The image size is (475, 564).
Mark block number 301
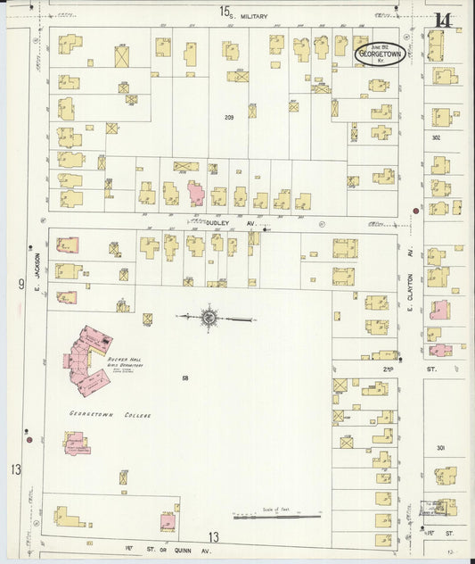(440, 447)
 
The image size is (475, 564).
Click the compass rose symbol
(209, 317)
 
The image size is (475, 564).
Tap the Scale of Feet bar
(276, 515)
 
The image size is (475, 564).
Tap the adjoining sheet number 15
(226, 12)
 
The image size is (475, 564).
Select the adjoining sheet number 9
(20, 285)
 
